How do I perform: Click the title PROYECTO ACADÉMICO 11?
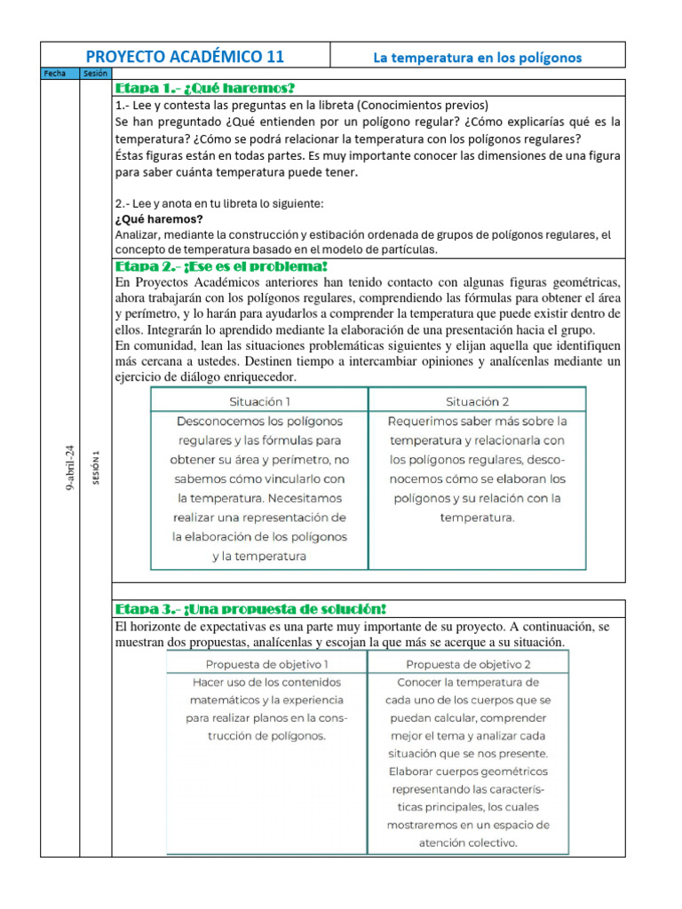(185, 57)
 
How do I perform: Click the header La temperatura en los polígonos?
(477, 58)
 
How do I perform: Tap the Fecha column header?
(59, 74)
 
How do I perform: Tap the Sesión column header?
(95, 74)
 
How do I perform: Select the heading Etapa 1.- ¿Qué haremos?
(204, 88)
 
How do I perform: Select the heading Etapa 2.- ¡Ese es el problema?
(222, 266)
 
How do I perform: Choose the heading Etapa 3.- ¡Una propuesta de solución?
(251, 608)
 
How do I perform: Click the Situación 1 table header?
(259, 400)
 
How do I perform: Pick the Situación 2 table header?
(477, 400)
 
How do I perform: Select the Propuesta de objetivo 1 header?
(267, 663)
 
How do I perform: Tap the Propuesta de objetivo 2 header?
(468, 663)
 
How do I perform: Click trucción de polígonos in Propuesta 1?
(267, 736)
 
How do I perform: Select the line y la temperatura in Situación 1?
(259, 557)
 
